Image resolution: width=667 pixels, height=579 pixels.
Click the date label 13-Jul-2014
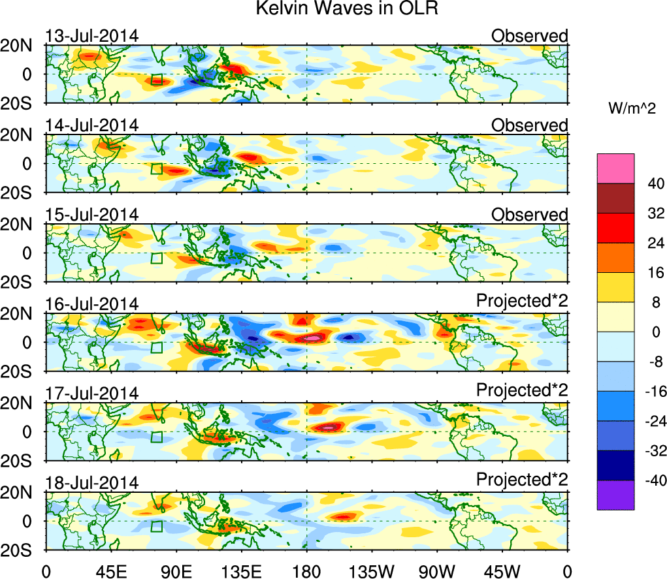91,36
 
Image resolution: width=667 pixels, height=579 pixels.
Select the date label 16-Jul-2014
91,304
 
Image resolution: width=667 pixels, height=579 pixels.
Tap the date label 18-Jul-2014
91,483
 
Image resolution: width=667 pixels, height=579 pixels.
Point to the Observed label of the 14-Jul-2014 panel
530,125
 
